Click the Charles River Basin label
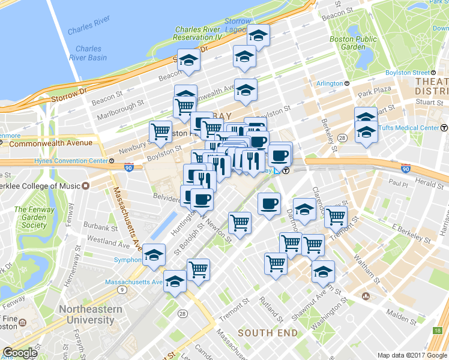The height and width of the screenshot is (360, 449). tap(88, 53)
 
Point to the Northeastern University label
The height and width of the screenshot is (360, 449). tap(90, 315)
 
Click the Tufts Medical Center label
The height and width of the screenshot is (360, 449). tap(408, 128)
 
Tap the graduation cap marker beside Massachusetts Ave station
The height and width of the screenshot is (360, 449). tap(175, 280)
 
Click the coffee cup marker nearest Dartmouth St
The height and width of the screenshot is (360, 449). tap(268, 203)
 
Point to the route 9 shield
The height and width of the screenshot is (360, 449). tap(122, 290)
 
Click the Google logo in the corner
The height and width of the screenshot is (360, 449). tap(20, 353)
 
